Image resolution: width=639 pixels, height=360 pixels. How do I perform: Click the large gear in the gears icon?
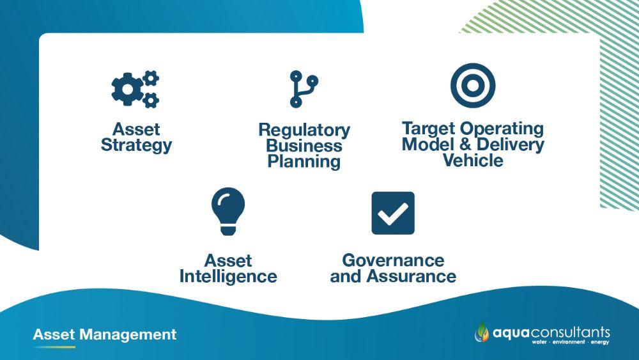[127, 90]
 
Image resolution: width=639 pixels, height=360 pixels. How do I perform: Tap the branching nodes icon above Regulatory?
[304, 89]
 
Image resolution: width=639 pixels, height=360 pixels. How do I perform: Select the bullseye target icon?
[473, 86]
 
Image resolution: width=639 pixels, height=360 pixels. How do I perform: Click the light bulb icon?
[228, 211]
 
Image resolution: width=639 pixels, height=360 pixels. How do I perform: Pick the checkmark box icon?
[393, 213]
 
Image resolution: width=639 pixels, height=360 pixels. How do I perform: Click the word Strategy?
[137, 146]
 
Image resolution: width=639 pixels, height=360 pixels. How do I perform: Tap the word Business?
[304, 146]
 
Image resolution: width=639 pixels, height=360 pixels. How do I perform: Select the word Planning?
[304, 161]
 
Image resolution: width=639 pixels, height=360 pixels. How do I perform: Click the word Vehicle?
[473, 160]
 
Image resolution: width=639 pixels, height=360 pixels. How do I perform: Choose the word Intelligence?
[228, 277]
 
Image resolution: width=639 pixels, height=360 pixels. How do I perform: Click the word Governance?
[393, 260]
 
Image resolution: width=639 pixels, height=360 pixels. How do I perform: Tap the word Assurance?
[411, 276]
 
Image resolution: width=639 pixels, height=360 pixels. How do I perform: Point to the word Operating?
[502, 129]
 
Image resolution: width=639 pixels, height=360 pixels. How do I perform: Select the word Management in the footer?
[128, 334]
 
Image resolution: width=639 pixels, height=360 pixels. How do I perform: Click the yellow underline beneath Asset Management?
[54, 347]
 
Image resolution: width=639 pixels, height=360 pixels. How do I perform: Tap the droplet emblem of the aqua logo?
[482, 332]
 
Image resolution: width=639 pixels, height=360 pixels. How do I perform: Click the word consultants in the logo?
[571, 333]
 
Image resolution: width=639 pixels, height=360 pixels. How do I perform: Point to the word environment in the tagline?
[569, 342]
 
